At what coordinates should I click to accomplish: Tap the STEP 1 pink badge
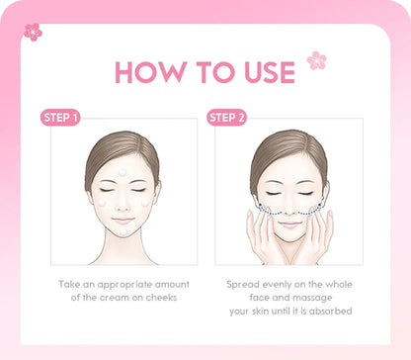click(x=61, y=117)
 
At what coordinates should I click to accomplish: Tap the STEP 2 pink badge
click(x=227, y=117)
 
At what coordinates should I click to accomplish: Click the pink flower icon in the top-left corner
click(x=34, y=32)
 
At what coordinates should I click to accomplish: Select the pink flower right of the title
click(x=316, y=60)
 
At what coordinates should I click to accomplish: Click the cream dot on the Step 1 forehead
click(x=123, y=172)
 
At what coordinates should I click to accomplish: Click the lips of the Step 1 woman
click(x=123, y=219)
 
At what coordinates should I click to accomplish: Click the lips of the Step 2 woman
click(x=288, y=221)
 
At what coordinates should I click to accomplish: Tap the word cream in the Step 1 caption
click(x=121, y=298)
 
